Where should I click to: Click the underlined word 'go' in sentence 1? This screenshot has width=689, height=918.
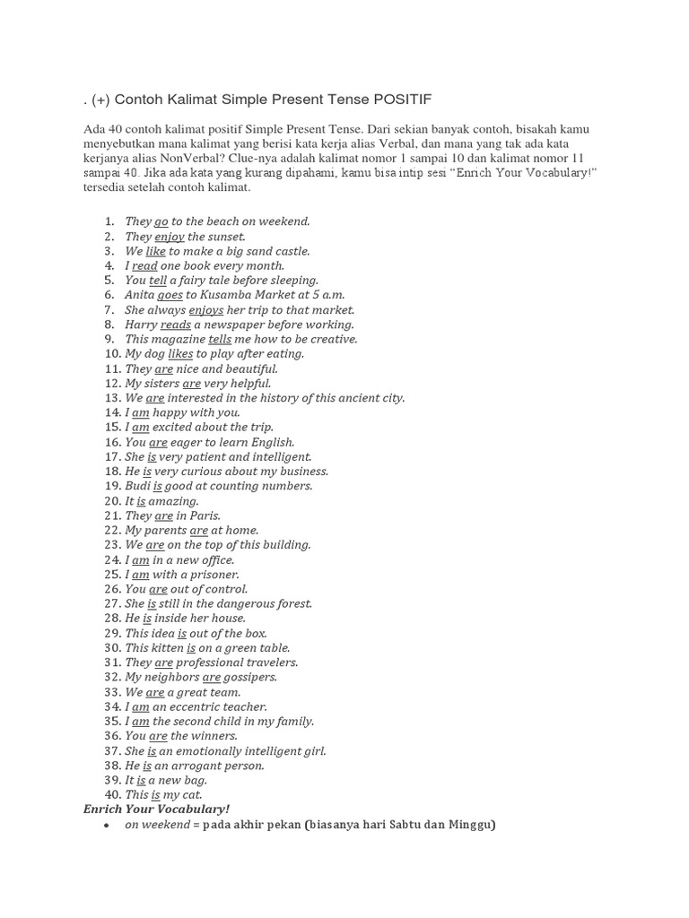(x=161, y=221)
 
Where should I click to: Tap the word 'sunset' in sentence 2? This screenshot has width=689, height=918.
(x=225, y=237)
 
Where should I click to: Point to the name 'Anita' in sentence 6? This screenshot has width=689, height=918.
(x=140, y=295)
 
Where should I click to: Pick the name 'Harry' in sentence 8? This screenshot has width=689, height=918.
(x=142, y=325)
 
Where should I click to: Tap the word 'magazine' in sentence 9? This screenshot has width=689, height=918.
(x=178, y=340)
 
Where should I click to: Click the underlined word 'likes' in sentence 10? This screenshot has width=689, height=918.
(x=180, y=354)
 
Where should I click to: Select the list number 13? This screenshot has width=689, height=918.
(x=112, y=398)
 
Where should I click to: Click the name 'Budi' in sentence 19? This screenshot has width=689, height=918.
(x=138, y=487)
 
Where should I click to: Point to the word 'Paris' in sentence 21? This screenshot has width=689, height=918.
(x=204, y=516)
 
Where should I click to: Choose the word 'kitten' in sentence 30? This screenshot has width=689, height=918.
(x=166, y=648)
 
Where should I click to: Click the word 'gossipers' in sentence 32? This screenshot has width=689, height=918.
(x=250, y=678)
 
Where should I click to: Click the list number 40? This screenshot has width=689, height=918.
(x=112, y=795)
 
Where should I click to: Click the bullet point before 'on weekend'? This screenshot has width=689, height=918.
(x=106, y=825)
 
